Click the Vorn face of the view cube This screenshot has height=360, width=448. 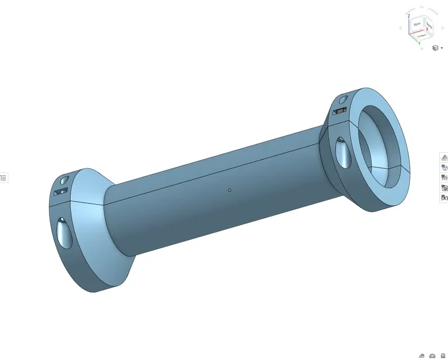tap(416, 25)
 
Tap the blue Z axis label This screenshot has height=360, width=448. tap(409, 16)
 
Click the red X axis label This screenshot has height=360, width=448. tap(427, 29)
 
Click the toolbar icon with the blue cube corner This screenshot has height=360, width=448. tap(444, 167)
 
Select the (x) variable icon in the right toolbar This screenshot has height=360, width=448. tap(444, 198)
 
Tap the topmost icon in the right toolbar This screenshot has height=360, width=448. tap(444, 157)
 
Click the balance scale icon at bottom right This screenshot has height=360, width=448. tap(432, 355)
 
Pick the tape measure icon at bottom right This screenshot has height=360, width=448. tap(422, 355)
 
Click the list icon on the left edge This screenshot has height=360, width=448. tap(3, 177)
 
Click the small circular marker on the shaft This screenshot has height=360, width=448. tap(229, 190)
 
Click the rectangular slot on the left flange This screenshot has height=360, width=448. tap(60, 191)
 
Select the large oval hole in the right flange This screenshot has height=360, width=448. tap(342, 152)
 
